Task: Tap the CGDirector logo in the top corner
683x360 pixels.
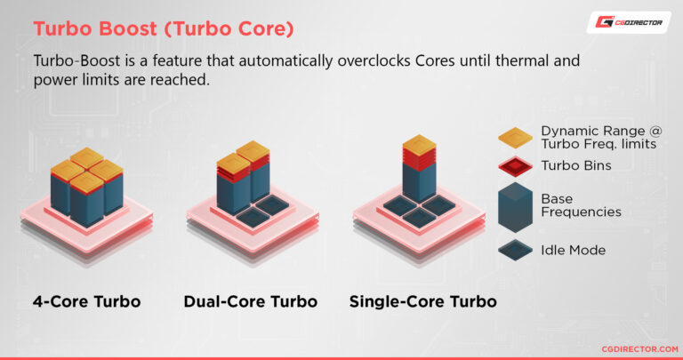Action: click(x=628, y=22)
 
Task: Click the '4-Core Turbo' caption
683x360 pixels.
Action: click(x=85, y=301)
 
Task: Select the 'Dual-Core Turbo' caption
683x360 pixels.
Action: click(x=250, y=301)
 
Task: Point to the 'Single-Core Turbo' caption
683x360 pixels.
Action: click(x=422, y=301)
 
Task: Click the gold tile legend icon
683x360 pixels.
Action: click(x=515, y=137)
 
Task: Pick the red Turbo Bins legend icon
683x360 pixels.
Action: click(x=515, y=166)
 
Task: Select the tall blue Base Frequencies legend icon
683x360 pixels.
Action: click(x=515, y=206)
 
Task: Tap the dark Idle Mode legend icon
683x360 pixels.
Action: click(x=515, y=250)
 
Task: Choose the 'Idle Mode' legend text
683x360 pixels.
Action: click(x=573, y=250)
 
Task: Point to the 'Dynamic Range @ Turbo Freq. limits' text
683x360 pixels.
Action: click(x=601, y=137)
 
